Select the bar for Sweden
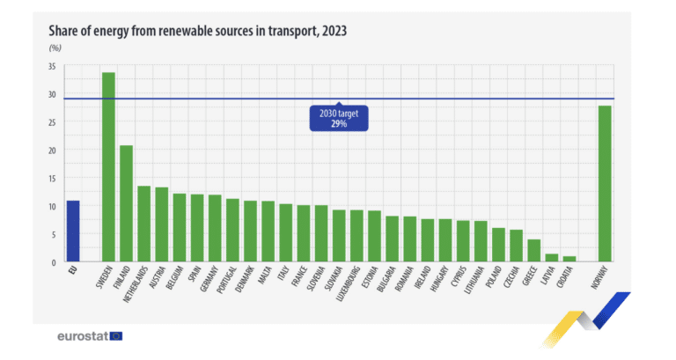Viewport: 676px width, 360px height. point(108,167)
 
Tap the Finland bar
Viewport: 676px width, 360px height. point(126,203)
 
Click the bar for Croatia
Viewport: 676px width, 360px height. point(569,259)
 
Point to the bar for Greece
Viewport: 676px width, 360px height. point(533,251)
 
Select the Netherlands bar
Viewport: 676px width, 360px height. point(144,224)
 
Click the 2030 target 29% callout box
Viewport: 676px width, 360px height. point(339,119)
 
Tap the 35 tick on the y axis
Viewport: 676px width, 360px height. point(52,67)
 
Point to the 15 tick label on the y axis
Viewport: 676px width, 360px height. point(52,179)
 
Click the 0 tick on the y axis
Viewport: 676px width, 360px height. point(54,262)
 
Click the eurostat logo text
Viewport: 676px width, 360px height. point(82,336)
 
